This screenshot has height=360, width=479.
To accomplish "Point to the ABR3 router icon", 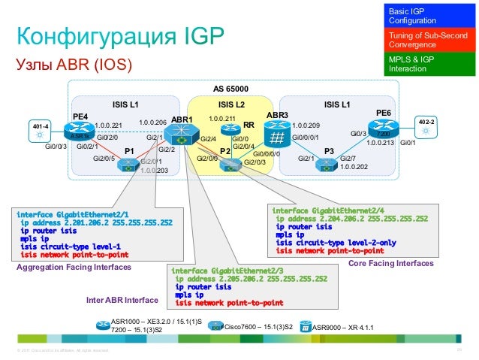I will pyautogui.click(x=278, y=136).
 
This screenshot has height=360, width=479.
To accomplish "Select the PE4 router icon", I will pyautogui.click(x=80, y=133).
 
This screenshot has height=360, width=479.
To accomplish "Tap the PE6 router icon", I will pyautogui.click(x=383, y=132).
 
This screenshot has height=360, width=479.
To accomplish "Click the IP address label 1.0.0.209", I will pyautogui.click(x=306, y=125).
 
